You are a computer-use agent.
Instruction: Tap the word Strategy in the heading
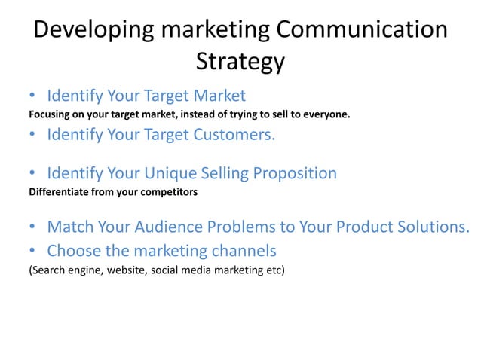pos(240,62)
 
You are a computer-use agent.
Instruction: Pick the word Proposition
pos(294,174)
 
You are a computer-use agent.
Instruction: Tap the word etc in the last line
pos(271,269)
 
